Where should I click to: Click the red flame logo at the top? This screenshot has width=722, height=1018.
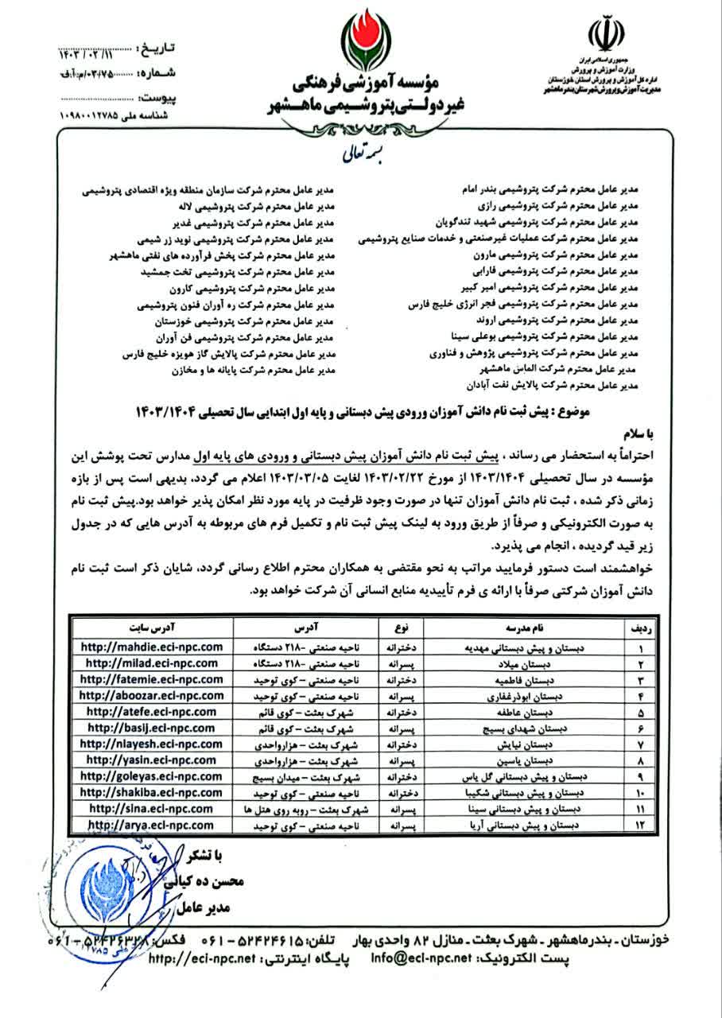point(362,40)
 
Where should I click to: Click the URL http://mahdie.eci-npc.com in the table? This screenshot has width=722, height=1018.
point(152,647)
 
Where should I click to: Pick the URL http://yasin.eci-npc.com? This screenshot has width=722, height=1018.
point(152,760)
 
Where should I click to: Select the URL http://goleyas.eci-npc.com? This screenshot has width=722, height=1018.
point(152,775)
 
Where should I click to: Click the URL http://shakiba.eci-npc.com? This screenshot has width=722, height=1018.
point(152,792)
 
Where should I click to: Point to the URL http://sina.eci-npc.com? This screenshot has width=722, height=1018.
point(152,808)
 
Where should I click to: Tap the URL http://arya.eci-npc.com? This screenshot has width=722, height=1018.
point(152,825)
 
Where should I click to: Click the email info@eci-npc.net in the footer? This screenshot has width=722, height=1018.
point(421,958)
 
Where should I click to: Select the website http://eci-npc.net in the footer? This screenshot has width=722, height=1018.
point(208,958)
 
